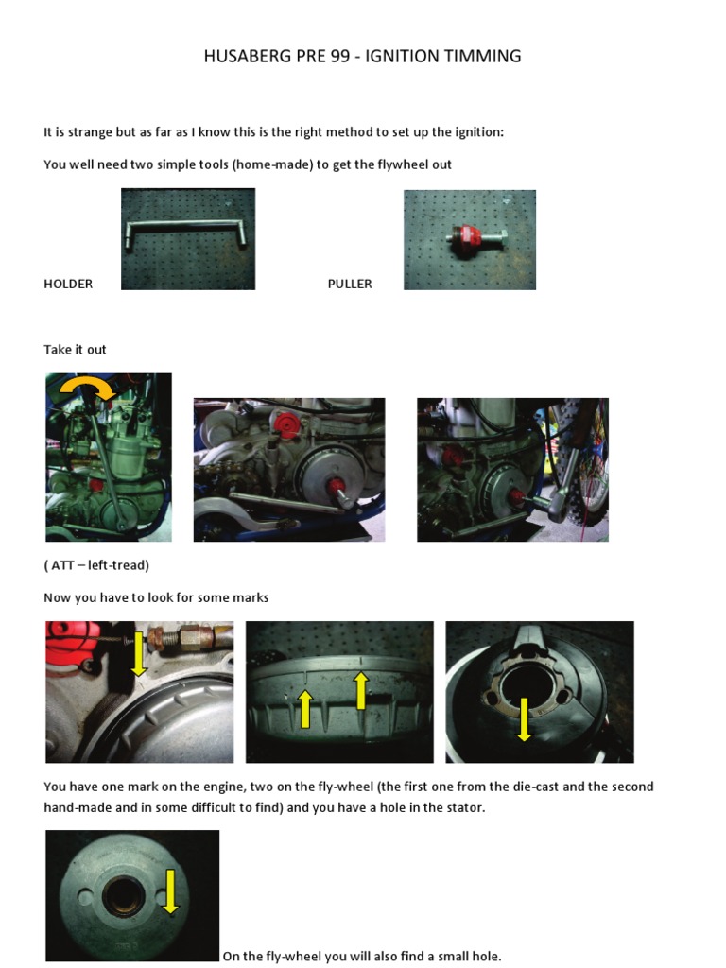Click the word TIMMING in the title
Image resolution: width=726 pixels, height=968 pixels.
click(x=485, y=57)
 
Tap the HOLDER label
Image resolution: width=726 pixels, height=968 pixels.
click(x=68, y=284)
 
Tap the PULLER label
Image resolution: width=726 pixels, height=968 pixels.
click(x=350, y=284)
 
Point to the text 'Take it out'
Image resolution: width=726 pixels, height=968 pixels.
click(x=75, y=350)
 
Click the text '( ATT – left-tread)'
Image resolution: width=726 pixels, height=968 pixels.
click(x=96, y=565)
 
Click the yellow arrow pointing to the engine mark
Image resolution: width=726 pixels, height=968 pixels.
click(x=139, y=653)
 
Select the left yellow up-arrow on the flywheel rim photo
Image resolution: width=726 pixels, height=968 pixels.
click(x=305, y=708)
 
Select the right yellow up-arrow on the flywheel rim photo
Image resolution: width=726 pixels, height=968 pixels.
click(x=360, y=689)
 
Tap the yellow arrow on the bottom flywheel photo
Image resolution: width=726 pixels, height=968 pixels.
click(x=170, y=891)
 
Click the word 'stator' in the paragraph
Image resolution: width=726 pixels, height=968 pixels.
click(x=463, y=808)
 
